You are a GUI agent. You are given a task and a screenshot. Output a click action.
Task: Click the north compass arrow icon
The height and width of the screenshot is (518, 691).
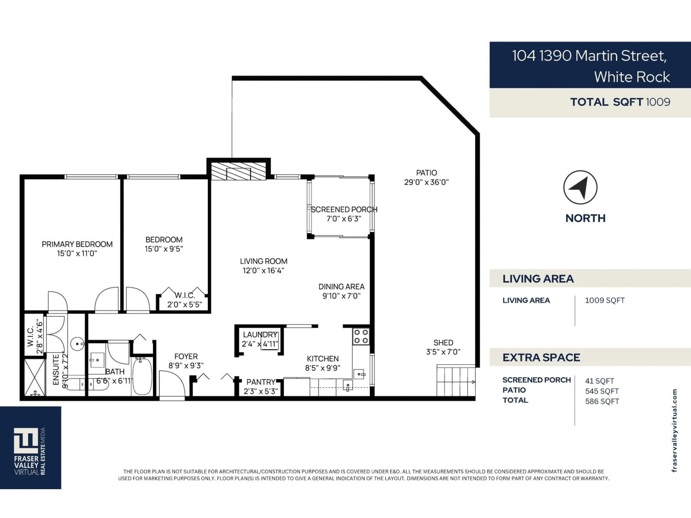(x=580, y=187)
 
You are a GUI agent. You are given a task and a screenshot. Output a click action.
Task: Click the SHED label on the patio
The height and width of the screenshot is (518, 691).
(x=443, y=342)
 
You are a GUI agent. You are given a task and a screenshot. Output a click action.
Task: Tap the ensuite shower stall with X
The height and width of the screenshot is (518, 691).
(x=35, y=378)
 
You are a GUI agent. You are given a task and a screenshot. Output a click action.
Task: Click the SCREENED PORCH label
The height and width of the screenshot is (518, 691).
(x=344, y=210)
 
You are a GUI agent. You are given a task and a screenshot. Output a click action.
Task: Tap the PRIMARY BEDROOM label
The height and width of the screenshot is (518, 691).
(x=77, y=244)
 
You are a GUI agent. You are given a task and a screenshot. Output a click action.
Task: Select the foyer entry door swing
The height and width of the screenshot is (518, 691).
(x=172, y=384)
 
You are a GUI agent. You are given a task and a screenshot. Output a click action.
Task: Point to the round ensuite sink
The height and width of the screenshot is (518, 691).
(x=77, y=344)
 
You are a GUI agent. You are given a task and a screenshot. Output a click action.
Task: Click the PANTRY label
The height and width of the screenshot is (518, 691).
(x=261, y=382)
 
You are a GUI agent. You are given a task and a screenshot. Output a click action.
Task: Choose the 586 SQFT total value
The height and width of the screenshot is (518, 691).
(x=602, y=401)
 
